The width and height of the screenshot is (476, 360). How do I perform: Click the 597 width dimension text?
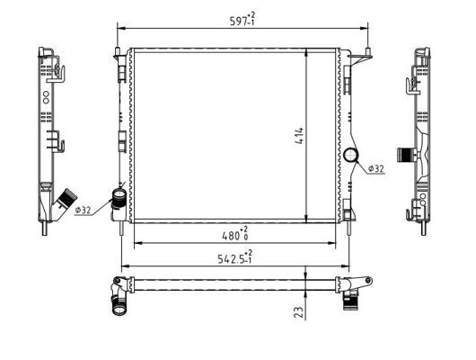coord(242,20)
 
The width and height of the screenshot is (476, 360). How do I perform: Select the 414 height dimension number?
coord(299,135)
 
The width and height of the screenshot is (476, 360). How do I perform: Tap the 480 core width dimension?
coord(235,234)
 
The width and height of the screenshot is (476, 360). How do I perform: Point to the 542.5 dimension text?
coord(235,257)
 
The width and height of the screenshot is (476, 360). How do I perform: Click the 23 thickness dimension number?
coord(299,312)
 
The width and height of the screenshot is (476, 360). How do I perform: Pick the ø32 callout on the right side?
coord(375,168)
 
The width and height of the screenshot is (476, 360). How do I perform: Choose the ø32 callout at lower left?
coord(83,210)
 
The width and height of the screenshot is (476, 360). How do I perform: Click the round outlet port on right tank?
coord(351,155)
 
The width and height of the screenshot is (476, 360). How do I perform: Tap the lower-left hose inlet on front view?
coord(119,198)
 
